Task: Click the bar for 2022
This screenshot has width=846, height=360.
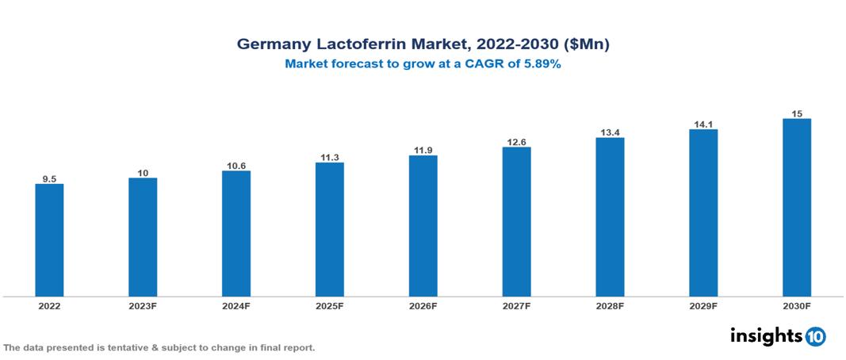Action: pos(49,240)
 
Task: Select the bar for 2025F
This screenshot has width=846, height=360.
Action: pos(329,229)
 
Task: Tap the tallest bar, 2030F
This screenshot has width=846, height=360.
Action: pos(797,208)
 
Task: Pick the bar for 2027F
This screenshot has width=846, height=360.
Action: pos(516,222)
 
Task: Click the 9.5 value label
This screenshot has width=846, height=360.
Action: pos(49,179)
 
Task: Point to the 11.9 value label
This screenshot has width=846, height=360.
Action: pos(423,150)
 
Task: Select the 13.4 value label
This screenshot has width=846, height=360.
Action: pos(610,132)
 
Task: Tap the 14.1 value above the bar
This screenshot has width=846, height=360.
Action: pos(703,123)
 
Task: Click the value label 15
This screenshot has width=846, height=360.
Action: pos(797,113)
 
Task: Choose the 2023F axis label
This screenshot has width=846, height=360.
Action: pos(143,305)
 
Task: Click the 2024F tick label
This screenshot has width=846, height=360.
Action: pos(236,305)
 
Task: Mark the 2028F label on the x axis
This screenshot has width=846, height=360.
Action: pos(610,305)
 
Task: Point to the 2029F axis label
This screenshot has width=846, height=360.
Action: pos(703,305)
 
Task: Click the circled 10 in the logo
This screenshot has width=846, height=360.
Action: pos(815,336)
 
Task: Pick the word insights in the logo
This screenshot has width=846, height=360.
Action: pos(766,335)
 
